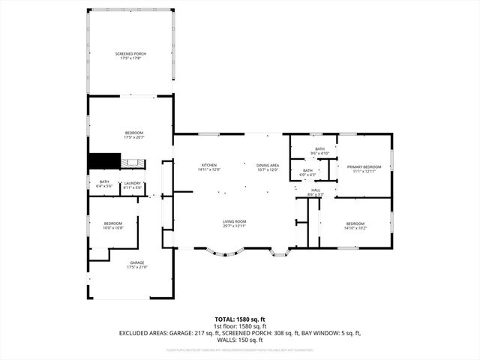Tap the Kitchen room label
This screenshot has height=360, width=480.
(x=208, y=165)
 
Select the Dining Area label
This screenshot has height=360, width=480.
(x=268, y=165)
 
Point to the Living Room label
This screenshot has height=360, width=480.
(x=234, y=221)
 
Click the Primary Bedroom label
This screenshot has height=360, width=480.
(x=364, y=166)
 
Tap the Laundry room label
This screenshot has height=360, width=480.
(x=133, y=183)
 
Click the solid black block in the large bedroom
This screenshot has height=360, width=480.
(x=104, y=161)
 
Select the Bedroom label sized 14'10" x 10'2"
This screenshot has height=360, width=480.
(x=355, y=223)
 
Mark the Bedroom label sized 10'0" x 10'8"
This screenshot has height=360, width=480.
(x=112, y=223)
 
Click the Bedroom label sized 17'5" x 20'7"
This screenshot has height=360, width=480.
(x=133, y=133)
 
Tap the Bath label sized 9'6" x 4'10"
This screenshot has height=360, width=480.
(x=319, y=149)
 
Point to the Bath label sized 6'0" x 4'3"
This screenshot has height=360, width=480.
(x=307, y=170)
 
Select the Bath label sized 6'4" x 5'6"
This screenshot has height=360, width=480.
(x=103, y=183)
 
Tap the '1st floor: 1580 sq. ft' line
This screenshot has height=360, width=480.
(x=240, y=325)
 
